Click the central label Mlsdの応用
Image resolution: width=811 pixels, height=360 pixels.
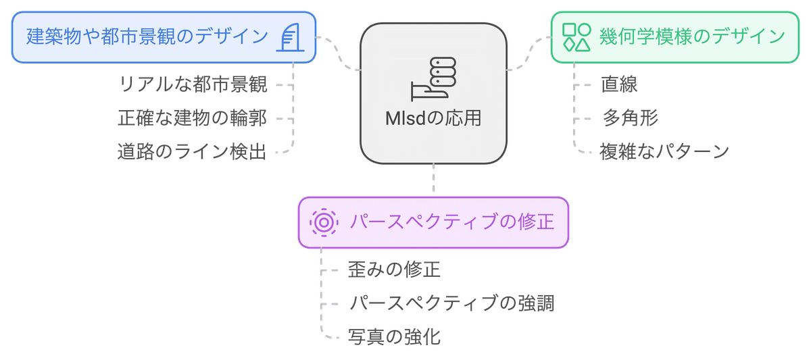[x=433, y=119]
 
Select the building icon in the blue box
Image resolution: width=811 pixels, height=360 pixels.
[x=289, y=37]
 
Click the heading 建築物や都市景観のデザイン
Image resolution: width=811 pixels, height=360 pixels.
[x=147, y=36]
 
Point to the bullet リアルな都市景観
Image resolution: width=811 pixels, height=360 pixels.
[x=193, y=85]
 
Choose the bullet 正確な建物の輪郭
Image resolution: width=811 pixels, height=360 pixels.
[x=193, y=118]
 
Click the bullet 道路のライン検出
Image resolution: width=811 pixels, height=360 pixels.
[x=192, y=151]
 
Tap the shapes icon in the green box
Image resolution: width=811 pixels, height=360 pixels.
[x=576, y=37]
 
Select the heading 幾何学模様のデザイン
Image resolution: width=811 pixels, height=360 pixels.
[x=692, y=36]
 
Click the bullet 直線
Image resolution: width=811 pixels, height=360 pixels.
[x=619, y=85]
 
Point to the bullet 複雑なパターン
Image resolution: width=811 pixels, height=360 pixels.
[x=664, y=151]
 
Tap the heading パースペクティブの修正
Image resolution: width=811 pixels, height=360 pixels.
[x=452, y=222]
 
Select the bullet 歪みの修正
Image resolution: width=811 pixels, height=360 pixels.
[x=394, y=270]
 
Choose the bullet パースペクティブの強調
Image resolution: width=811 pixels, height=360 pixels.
[x=451, y=303]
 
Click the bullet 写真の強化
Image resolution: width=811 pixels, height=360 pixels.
[x=394, y=336]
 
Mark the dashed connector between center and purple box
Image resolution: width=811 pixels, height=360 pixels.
[x=433, y=180]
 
